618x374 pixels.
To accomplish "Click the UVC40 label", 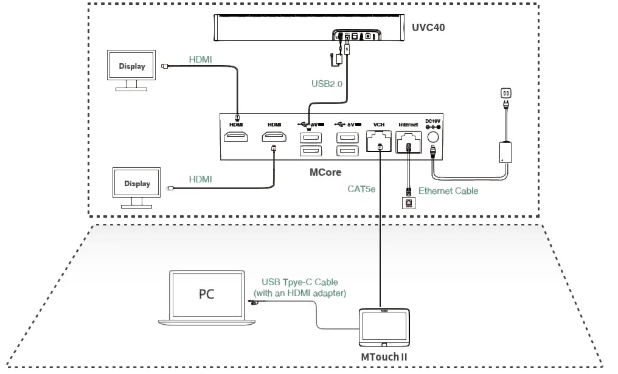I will click(x=429, y=28).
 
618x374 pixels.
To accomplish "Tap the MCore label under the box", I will click(x=326, y=173).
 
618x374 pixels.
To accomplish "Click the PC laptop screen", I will click(x=207, y=294).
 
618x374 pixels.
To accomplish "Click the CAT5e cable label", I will click(x=361, y=189).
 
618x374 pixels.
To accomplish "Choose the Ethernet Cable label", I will click(x=448, y=191).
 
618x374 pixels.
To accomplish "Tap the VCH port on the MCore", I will click(x=380, y=141).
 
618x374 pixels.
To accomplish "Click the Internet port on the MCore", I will click(x=409, y=141).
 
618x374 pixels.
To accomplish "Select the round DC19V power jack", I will click(x=433, y=138).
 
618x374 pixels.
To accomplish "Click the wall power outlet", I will click(x=505, y=93).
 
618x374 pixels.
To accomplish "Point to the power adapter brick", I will click(x=505, y=152).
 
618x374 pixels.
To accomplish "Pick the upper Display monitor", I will click(x=132, y=66).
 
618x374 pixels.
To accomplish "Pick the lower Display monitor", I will click(x=137, y=183).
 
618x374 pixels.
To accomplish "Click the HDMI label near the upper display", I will click(x=201, y=59).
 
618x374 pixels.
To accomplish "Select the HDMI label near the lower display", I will click(x=200, y=179).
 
